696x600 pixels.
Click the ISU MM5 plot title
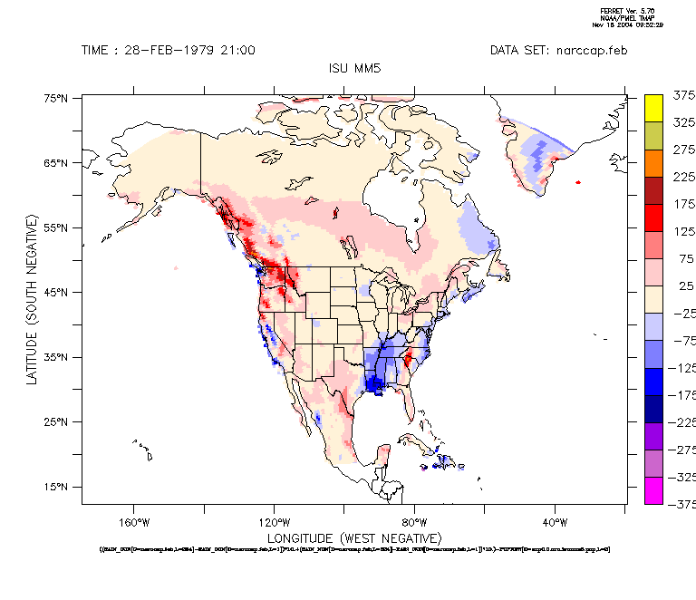(353, 68)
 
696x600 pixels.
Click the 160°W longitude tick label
(133, 522)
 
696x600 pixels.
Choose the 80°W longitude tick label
(414, 522)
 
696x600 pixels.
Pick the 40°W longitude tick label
(555, 522)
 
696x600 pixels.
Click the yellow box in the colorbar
(654, 107)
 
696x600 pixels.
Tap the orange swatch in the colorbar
(654, 162)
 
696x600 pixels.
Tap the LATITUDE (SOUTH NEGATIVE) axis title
(32, 299)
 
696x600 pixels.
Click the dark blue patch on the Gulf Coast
(374, 383)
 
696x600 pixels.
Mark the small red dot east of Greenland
(577, 181)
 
